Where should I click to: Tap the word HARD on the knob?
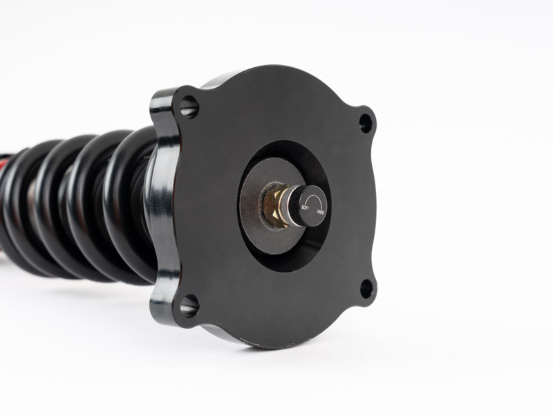(321, 212)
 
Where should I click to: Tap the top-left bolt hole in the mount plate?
(189, 107)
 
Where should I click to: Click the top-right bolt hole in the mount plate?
(366, 123)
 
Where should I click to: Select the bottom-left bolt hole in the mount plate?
(189, 306)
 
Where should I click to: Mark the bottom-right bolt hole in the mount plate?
(366, 288)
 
